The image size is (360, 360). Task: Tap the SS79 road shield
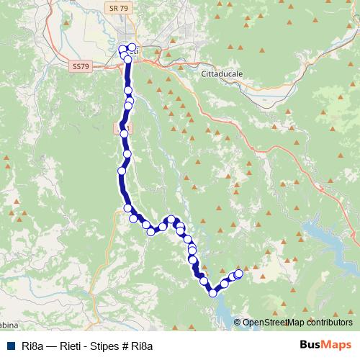[82, 66]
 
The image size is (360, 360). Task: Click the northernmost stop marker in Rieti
[132, 48]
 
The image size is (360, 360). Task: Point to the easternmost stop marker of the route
[239, 273]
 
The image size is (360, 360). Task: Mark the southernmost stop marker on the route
[213, 292]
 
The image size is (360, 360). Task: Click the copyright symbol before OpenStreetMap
[238, 323]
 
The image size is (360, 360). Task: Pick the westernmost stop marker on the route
[121, 171]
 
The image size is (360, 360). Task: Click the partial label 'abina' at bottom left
[10, 323]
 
